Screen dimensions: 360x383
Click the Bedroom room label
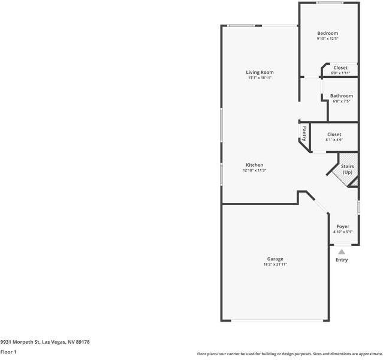327,33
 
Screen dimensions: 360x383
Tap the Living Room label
260,73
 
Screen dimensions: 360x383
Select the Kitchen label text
254,165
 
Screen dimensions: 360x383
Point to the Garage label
275,259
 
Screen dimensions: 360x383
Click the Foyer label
343,226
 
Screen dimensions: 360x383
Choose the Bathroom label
342,95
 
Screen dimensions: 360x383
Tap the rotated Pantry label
304,133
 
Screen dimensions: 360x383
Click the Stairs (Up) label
347,169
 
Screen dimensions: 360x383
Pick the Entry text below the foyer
341,260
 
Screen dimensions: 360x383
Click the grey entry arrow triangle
341,252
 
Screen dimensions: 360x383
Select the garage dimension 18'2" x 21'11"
275,265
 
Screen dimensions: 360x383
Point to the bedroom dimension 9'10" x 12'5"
327,39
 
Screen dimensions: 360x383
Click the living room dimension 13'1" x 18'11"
260,78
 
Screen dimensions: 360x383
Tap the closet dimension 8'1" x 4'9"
334,140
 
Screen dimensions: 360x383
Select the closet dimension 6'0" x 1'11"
340,73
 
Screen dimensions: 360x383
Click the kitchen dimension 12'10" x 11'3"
254,170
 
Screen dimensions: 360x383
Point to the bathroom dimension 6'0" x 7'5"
342,101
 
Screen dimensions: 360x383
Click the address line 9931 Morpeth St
45,342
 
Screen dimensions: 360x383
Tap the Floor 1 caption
8,352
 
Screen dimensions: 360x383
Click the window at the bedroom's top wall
329,3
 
